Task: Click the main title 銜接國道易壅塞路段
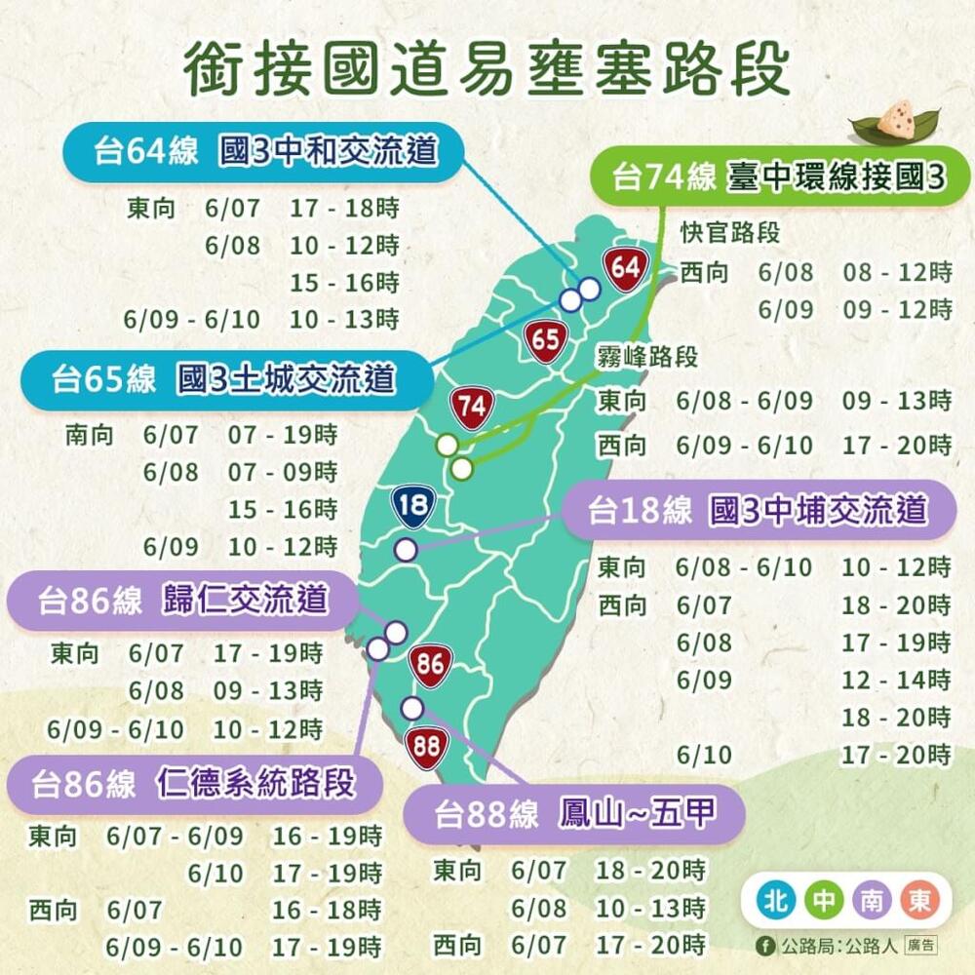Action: pyautogui.click(x=487, y=68)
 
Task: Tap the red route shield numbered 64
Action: pyautogui.click(x=625, y=267)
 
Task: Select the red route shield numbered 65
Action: pyautogui.click(x=546, y=340)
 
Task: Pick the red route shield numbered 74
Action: pyautogui.click(x=472, y=409)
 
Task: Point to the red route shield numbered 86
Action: pyautogui.click(x=430, y=666)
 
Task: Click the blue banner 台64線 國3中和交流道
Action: pyautogui.click(x=263, y=152)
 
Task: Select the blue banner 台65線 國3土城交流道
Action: pyautogui.click(x=224, y=378)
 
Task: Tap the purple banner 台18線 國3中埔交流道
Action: pyautogui.click(x=758, y=510)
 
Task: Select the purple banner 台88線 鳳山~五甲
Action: pyautogui.click(x=575, y=814)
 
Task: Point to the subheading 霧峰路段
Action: pyautogui.click(x=647, y=357)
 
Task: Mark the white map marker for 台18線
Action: pyautogui.click(x=406, y=550)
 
